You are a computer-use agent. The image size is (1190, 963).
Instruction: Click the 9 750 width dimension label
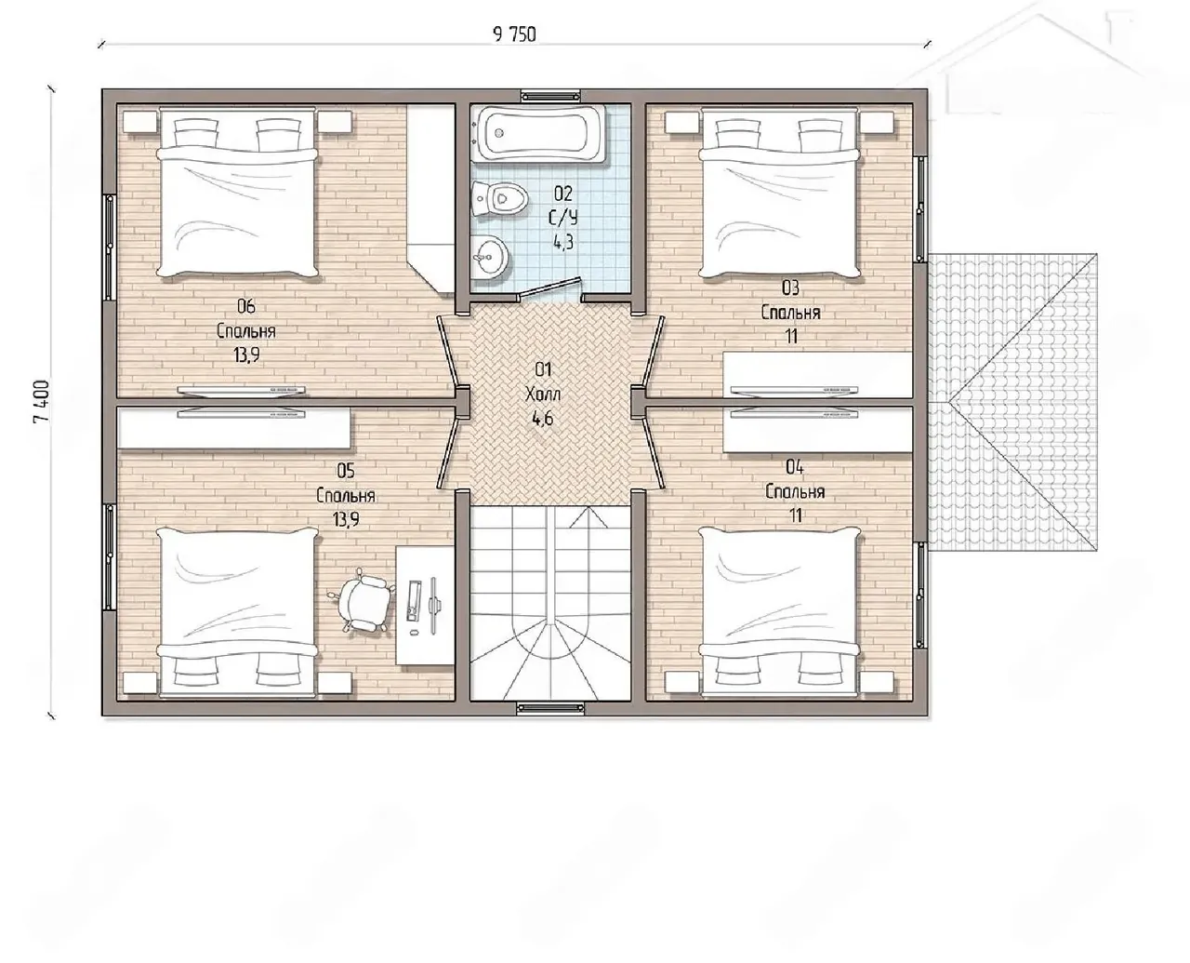tap(514, 34)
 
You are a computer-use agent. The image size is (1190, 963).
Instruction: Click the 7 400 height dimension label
tap(43, 402)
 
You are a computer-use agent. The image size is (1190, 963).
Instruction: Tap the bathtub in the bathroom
tap(540, 135)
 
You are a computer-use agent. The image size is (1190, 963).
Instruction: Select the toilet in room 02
tap(500, 198)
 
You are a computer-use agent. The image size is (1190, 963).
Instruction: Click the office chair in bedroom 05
tap(364, 601)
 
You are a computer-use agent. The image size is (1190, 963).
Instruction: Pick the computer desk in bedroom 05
tap(425, 606)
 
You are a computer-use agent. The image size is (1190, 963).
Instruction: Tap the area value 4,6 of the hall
tap(543, 419)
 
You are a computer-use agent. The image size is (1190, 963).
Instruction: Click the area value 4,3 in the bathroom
tap(563, 242)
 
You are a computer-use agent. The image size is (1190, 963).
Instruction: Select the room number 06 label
tap(245, 306)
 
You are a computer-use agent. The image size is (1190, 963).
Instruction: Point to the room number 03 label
tap(790, 288)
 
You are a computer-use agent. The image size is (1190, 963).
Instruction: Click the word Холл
tap(543, 395)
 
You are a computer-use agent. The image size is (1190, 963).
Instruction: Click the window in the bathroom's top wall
tap(550, 96)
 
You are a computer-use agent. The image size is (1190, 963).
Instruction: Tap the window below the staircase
tap(550, 708)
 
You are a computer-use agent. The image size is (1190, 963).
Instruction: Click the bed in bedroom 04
tap(779, 612)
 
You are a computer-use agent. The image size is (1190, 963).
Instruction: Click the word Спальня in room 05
tap(345, 496)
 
